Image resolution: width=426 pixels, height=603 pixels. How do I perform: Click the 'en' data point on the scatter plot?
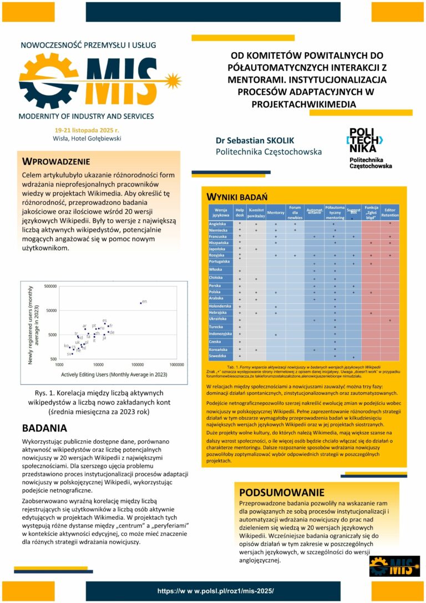pos(141,303)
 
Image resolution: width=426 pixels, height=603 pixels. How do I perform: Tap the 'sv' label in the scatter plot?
pos(69,354)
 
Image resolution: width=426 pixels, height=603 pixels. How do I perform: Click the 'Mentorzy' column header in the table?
pos(276,212)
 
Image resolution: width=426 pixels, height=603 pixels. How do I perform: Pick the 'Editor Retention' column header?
pos(389,212)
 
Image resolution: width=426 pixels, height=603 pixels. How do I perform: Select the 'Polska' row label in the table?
pos(215,292)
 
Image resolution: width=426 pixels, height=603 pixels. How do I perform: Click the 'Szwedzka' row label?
pos(217,355)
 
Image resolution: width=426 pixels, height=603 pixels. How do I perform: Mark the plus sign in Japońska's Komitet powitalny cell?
pos(256,249)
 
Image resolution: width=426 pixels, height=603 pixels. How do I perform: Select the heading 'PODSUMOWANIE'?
pos(282,492)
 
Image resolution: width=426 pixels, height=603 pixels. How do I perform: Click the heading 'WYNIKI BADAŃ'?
pos(237,197)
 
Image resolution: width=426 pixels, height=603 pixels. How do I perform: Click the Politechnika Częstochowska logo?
pos(369,148)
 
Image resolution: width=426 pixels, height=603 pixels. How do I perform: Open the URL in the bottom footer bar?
pos(215,591)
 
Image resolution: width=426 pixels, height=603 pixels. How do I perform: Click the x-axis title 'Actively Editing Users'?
pos(114,374)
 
